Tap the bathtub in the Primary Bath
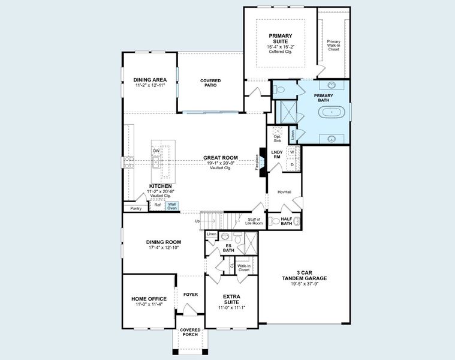[x=332, y=112]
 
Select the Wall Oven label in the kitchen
[x=172, y=206]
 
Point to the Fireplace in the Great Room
[x=262, y=162]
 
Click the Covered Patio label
[x=210, y=83]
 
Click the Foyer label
[x=190, y=295]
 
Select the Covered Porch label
[x=190, y=332]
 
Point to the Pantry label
[x=135, y=208]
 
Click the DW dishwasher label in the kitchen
[x=156, y=151]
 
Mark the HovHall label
[x=284, y=192]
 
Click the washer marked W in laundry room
[x=293, y=152]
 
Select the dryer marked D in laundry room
[x=293, y=164]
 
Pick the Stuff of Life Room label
[x=255, y=221]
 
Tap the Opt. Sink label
[x=277, y=139]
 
